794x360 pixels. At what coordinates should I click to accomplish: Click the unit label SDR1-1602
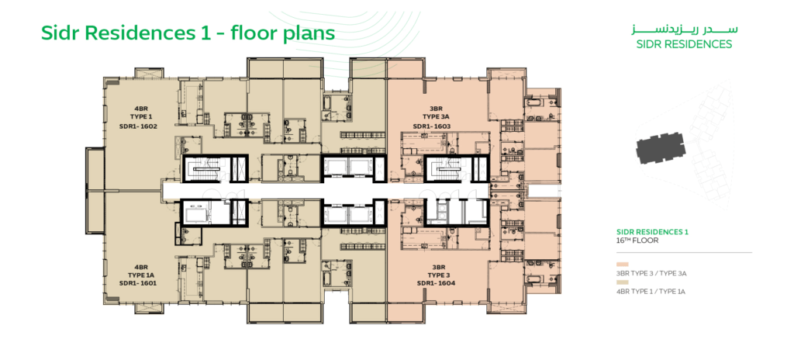coord(138,126)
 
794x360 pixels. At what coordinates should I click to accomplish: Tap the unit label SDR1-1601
coord(138,283)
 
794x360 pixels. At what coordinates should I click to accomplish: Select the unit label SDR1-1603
coord(431,126)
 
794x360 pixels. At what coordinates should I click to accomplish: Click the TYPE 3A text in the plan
coord(431,117)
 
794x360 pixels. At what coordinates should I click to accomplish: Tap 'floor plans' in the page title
coord(282,33)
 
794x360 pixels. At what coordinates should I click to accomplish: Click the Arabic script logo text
coord(684,29)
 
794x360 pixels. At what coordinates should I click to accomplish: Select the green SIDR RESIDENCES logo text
coord(684,44)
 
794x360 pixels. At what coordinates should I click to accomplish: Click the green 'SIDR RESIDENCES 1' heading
coord(652,232)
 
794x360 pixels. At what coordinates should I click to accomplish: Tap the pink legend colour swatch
coord(623,265)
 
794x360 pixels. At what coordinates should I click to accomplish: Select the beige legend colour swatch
coord(623,282)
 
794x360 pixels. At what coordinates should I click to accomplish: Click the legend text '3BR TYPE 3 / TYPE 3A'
coord(651,274)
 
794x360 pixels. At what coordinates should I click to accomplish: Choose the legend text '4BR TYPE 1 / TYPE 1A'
coord(651,292)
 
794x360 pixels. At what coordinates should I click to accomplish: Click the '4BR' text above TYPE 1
coord(141,109)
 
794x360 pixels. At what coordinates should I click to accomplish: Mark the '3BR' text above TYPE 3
coord(439,267)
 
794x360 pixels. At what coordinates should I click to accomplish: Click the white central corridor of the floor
coord(324,191)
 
